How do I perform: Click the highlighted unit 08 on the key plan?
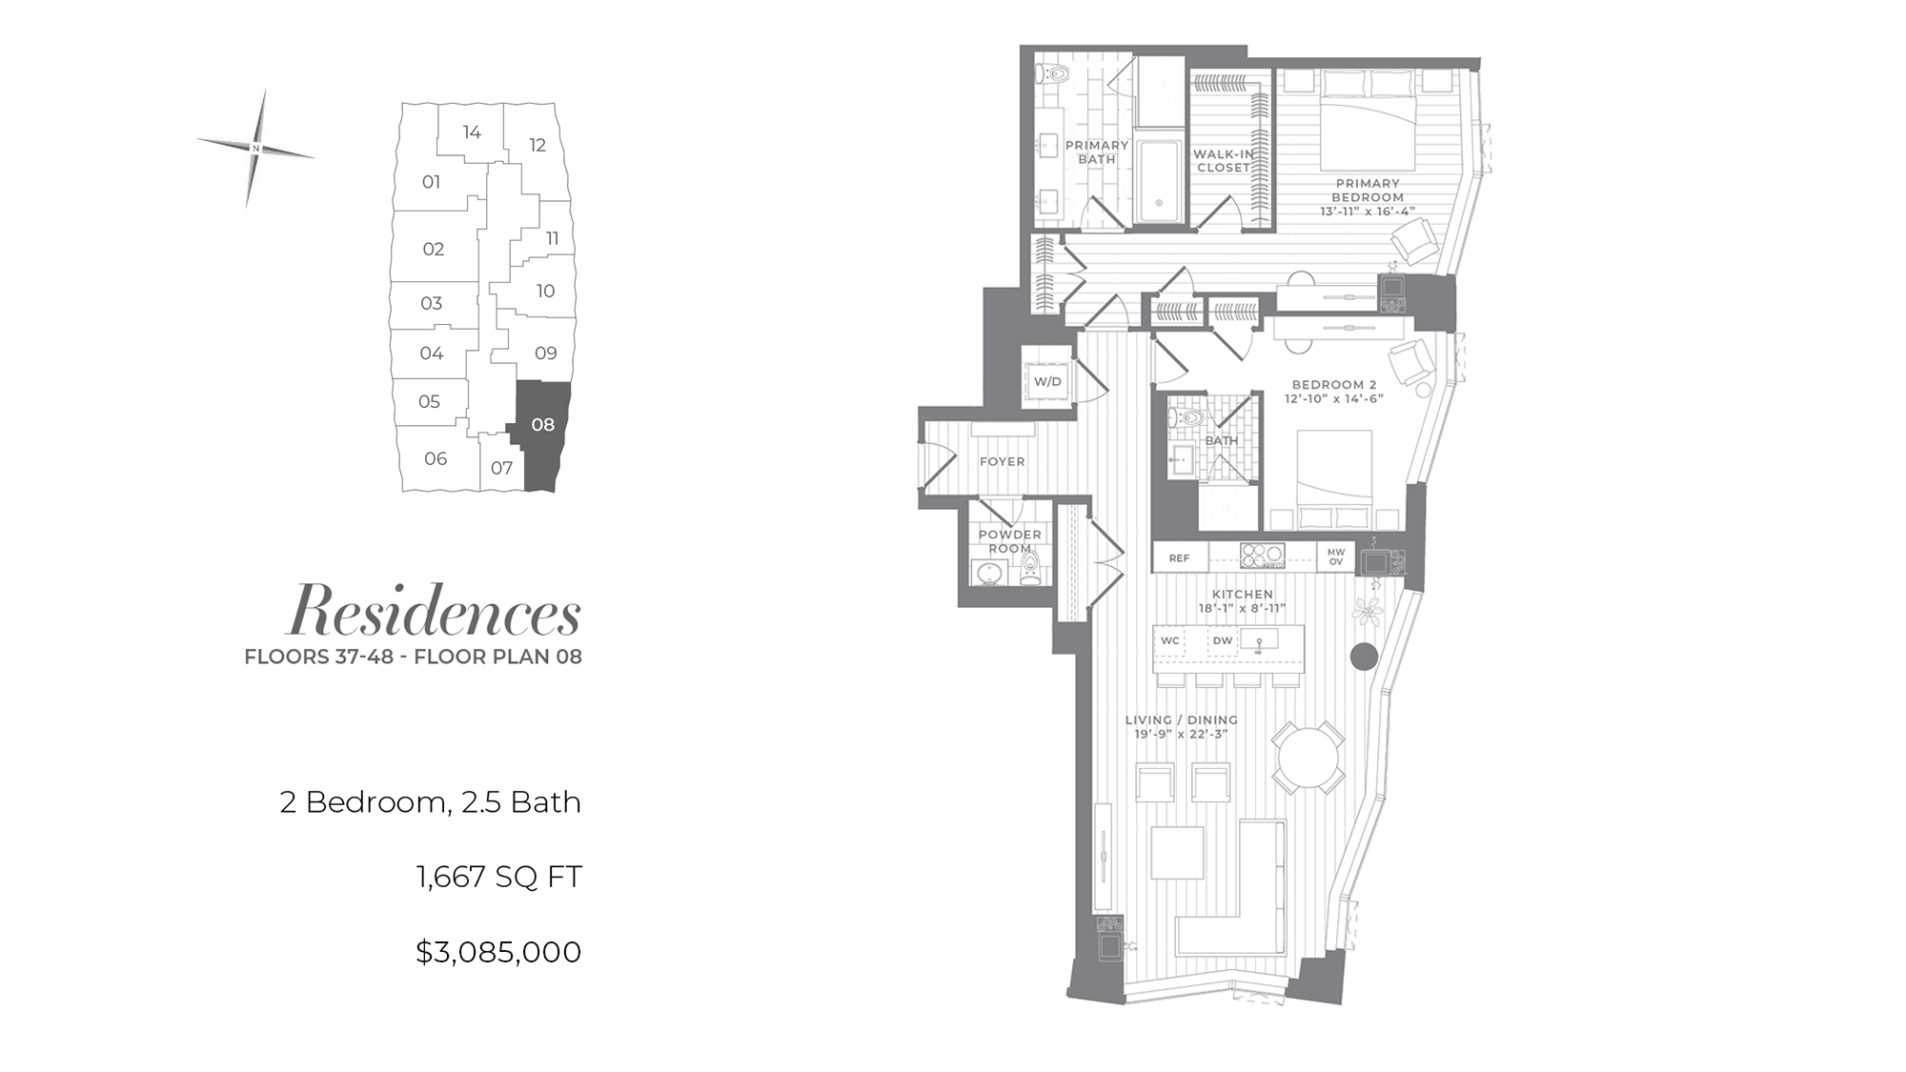tap(543, 434)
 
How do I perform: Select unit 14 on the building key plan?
tap(472, 132)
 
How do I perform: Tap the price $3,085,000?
tap(498, 952)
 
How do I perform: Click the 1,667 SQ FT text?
tap(499, 877)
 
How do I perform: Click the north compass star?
tap(256, 148)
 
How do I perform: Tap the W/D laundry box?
tap(1047, 381)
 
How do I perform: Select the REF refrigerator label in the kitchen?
tap(1180, 558)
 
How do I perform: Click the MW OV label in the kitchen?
tap(1336, 556)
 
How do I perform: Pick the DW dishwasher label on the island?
tap(1223, 640)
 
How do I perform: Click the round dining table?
tap(1309, 758)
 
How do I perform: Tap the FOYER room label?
tap(1003, 461)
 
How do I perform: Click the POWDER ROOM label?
tap(1010, 541)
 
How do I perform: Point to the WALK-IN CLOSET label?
tap(1224, 160)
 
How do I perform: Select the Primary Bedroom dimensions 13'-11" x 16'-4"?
tap(1368, 212)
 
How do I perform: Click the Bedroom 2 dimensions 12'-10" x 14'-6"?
tap(1334, 398)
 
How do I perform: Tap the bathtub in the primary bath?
tap(1160, 182)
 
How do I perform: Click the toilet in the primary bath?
tap(1054, 72)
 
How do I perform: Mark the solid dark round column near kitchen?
tap(1365, 656)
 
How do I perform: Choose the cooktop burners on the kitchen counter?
tap(1263, 556)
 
